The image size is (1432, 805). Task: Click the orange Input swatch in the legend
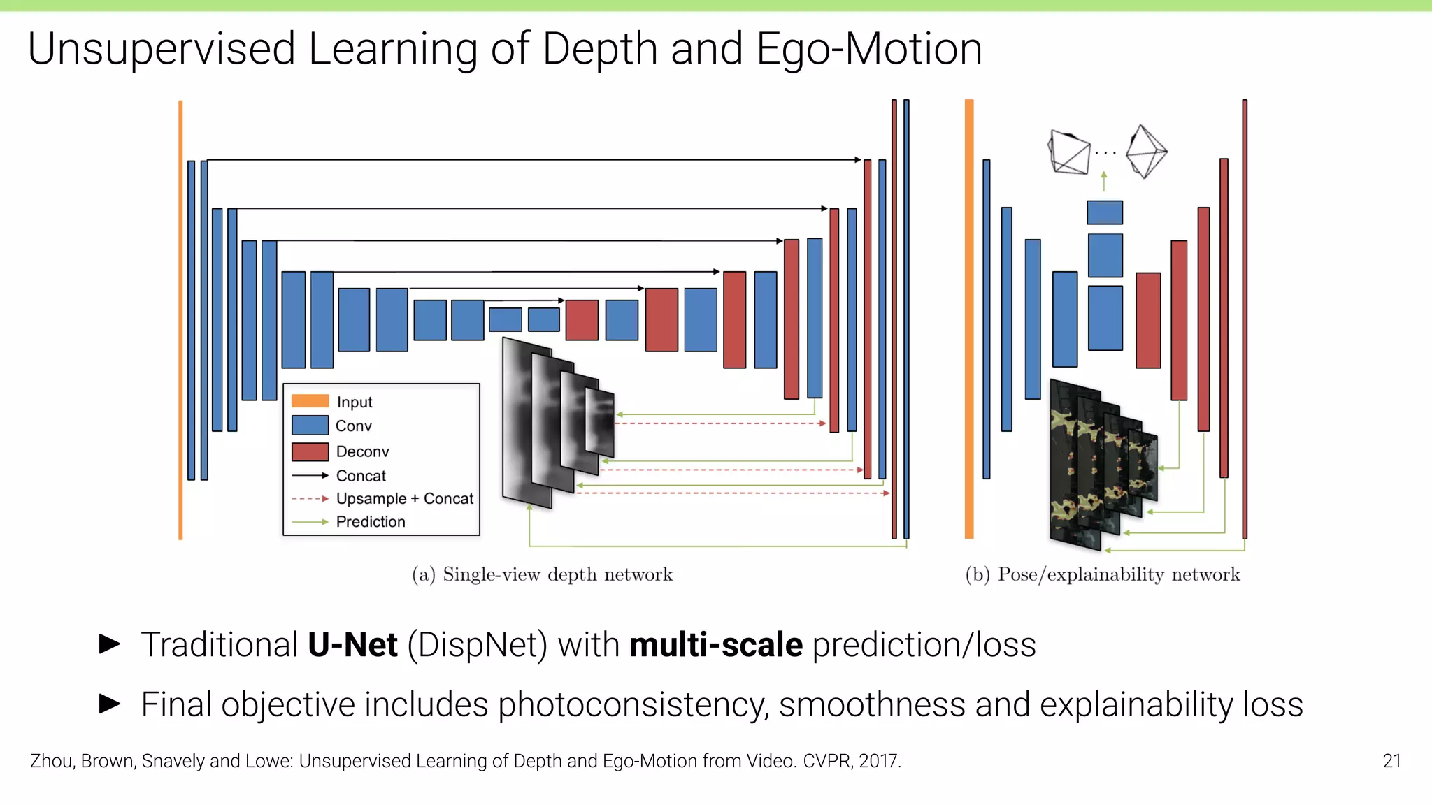310,401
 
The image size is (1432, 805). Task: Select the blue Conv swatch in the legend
310,425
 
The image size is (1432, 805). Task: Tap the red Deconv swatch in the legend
310,451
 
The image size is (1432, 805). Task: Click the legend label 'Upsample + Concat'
404,499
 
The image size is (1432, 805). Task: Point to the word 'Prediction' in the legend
371,522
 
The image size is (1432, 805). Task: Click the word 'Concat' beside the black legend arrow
361,476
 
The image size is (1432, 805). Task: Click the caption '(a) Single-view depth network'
542,574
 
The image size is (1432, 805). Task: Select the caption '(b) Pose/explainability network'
1102,574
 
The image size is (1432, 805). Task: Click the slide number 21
1391,761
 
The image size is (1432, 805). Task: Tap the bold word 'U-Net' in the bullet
352,644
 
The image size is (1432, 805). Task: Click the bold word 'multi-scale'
716,644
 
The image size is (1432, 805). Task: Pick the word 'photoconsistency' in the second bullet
633,704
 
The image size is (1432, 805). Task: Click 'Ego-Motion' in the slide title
869,49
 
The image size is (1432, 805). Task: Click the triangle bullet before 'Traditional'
110,644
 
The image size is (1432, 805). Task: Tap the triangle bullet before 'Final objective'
110,704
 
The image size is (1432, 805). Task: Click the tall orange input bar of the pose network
969,319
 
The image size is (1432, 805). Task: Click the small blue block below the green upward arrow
1105,212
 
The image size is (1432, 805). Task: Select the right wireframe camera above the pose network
1146,151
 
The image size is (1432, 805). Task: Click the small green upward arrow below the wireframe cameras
1104,181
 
